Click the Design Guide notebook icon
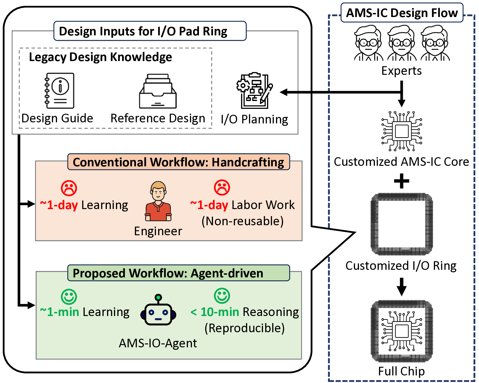point(60,91)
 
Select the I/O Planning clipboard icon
point(254,90)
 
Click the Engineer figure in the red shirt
point(158,201)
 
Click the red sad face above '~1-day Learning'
point(69,188)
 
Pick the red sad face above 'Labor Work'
point(222,187)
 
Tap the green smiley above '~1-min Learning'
point(69,297)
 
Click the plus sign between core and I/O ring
point(401,181)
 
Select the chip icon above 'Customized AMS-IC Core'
point(402,131)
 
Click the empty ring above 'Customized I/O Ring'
point(402,224)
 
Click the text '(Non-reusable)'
point(242,221)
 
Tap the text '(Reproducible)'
point(244,328)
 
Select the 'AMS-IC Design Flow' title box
point(402,13)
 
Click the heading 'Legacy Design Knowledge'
point(100,57)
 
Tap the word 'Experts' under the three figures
point(401,71)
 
